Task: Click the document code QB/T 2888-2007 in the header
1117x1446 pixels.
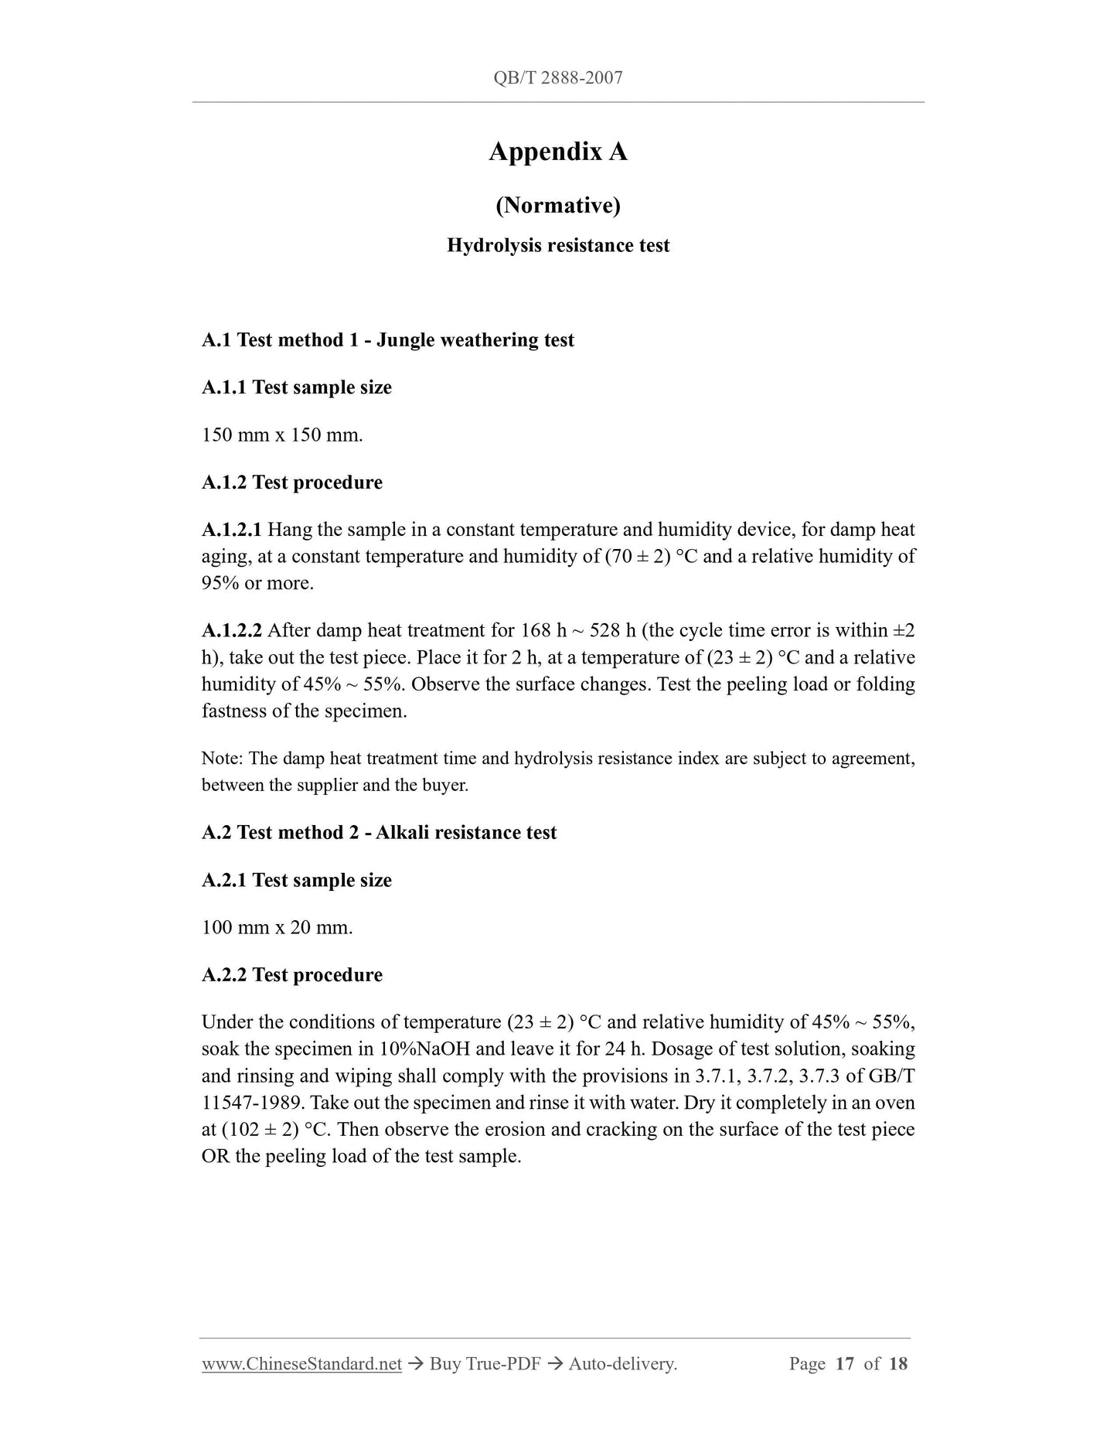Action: point(557,77)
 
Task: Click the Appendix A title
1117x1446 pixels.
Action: point(557,152)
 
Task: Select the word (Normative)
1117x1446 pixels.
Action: point(557,205)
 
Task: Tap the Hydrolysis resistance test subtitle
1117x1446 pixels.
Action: point(557,246)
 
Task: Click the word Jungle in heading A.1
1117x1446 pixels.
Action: point(404,340)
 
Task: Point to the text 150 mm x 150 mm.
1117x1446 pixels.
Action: point(282,435)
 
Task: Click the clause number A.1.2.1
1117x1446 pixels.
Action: point(232,530)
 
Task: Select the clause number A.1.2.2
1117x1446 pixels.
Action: point(232,630)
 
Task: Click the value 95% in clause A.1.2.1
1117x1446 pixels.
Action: point(220,583)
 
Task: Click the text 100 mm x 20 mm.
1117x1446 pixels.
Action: point(277,927)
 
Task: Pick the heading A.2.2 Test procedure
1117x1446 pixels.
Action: point(291,975)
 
